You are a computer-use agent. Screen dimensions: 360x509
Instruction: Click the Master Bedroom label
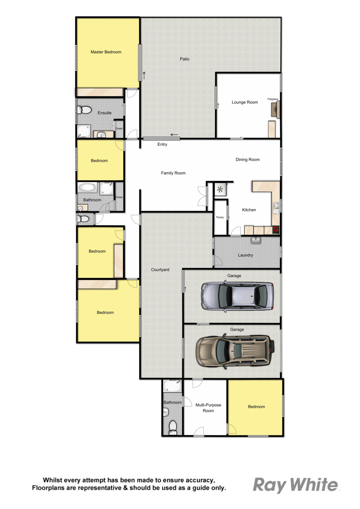(106, 52)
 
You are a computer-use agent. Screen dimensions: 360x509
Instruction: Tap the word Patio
(185, 59)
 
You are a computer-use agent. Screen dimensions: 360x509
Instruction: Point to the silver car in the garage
(237, 296)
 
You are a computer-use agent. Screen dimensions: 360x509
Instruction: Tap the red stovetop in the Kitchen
(276, 229)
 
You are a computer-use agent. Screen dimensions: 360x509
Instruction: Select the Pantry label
(220, 217)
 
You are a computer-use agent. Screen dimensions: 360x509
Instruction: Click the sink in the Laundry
(256, 240)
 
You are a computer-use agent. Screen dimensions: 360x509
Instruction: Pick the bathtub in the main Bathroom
(87, 188)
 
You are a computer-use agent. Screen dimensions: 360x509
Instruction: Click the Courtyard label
(160, 270)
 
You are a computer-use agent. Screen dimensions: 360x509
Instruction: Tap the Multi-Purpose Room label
(208, 408)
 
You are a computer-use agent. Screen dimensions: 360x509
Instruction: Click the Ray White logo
(295, 485)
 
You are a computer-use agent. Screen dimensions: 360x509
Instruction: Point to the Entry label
(162, 144)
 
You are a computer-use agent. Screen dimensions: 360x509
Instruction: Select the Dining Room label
(247, 160)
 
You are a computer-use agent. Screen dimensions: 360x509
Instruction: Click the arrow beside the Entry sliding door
(174, 135)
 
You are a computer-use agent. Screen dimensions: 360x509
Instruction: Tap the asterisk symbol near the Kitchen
(220, 189)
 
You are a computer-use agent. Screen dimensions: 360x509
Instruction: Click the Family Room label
(173, 173)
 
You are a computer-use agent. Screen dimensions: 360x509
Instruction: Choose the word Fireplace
(273, 99)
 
